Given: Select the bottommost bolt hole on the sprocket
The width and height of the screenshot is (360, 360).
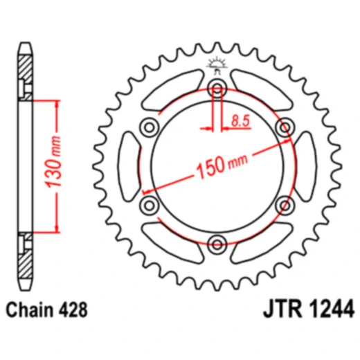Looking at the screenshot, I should tap(217, 244).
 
